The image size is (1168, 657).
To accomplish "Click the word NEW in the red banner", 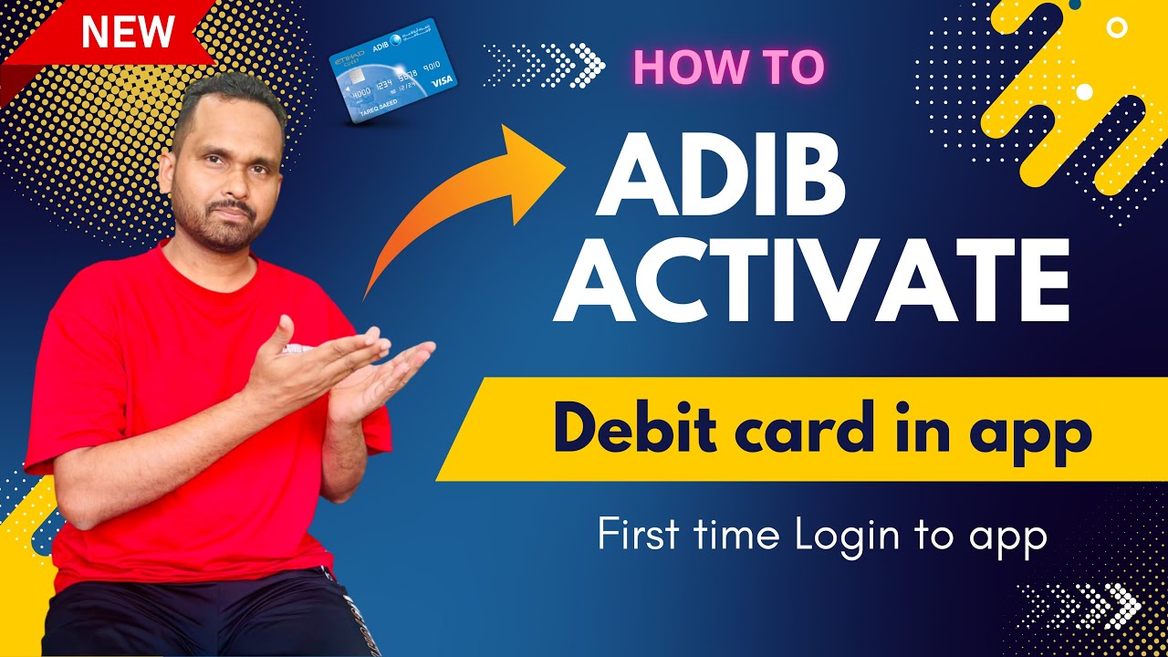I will (x=128, y=33).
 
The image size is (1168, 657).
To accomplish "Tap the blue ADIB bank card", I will (x=392, y=72).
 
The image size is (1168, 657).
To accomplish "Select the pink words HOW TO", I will (x=727, y=67).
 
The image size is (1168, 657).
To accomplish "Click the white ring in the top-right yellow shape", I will (x=1116, y=27).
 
